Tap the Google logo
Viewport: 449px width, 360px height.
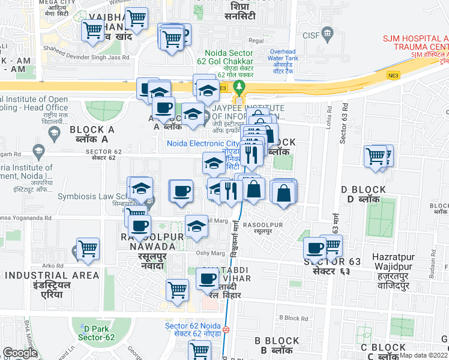[x=20, y=353]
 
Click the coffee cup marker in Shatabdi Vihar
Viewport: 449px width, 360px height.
[x=208, y=279]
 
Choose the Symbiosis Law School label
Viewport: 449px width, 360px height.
[x=91, y=196]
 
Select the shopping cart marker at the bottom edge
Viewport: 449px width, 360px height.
[x=199, y=350]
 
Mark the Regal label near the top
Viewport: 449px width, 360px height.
[x=256, y=41]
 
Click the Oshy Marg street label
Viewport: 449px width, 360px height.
[x=206, y=253]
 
